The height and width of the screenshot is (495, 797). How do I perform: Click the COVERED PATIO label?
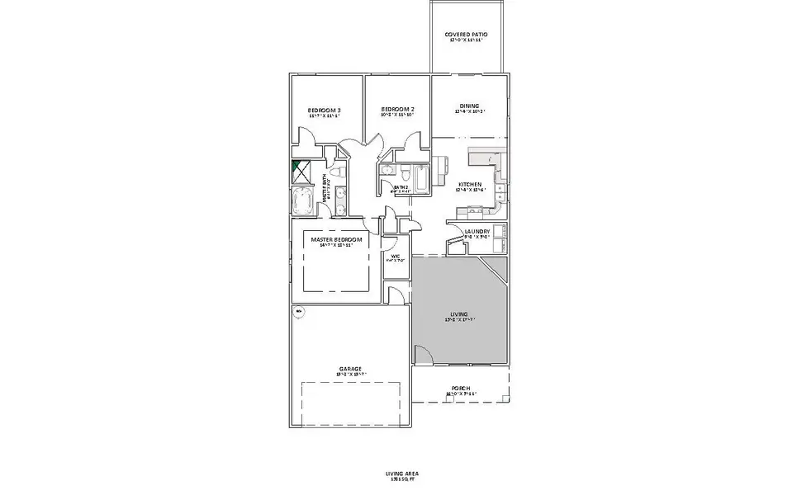coord(467,35)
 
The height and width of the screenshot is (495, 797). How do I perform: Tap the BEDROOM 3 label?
coord(325,111)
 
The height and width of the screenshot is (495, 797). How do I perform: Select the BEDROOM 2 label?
coord(397,110)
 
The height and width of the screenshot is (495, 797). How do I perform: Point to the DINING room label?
coord(469,106)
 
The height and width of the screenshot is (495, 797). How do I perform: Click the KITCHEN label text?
coord(469,185)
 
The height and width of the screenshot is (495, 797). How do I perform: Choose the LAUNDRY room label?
coord(477,232)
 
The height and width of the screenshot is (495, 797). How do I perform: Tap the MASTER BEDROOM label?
coord(336,239)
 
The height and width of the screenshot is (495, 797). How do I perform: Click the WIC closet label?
coord(395,257)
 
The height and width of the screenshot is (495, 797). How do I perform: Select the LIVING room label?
coord(459,314)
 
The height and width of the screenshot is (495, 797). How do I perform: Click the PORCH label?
coord(461,389)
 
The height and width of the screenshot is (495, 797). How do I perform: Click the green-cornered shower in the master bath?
coord(301,169)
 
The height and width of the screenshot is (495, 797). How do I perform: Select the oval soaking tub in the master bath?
coord(301,199)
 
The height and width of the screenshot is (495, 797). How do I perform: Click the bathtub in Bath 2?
coord(420,180)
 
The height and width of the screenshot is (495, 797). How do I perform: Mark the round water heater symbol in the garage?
coord(298,312)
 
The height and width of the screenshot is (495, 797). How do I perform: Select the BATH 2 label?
coord(401,188)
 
